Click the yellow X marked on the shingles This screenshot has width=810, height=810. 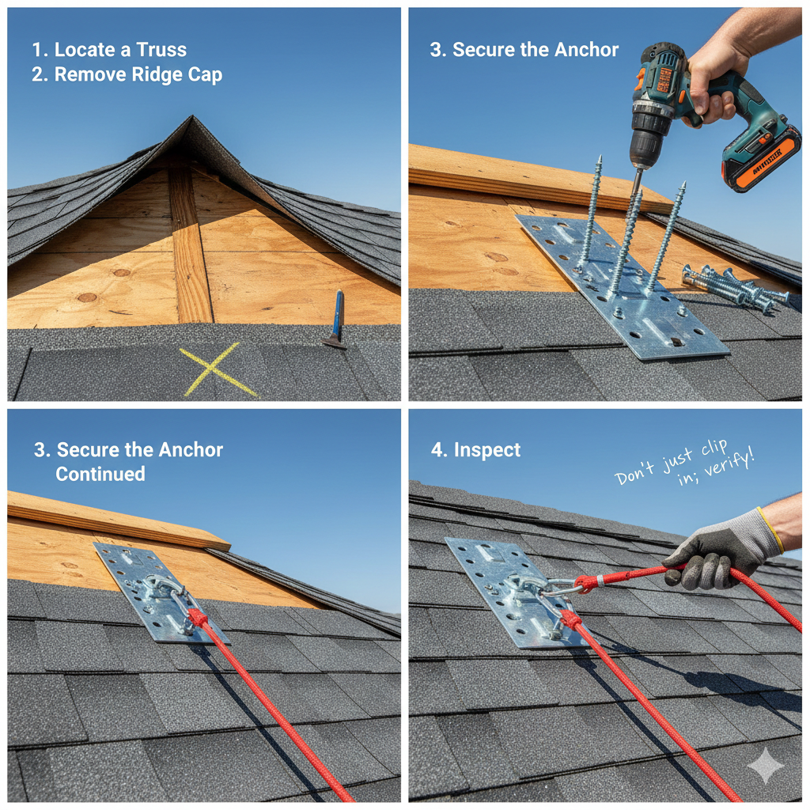[217, 370]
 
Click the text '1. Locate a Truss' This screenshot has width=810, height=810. [109, 49]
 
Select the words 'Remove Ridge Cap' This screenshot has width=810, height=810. [138, 75]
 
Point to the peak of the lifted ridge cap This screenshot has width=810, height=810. [190, 120]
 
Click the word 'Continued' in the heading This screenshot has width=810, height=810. [100, 474]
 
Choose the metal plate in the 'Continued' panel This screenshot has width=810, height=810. [158, 589]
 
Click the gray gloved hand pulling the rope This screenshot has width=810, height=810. [716, 550]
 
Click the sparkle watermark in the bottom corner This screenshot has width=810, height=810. [765, 765]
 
